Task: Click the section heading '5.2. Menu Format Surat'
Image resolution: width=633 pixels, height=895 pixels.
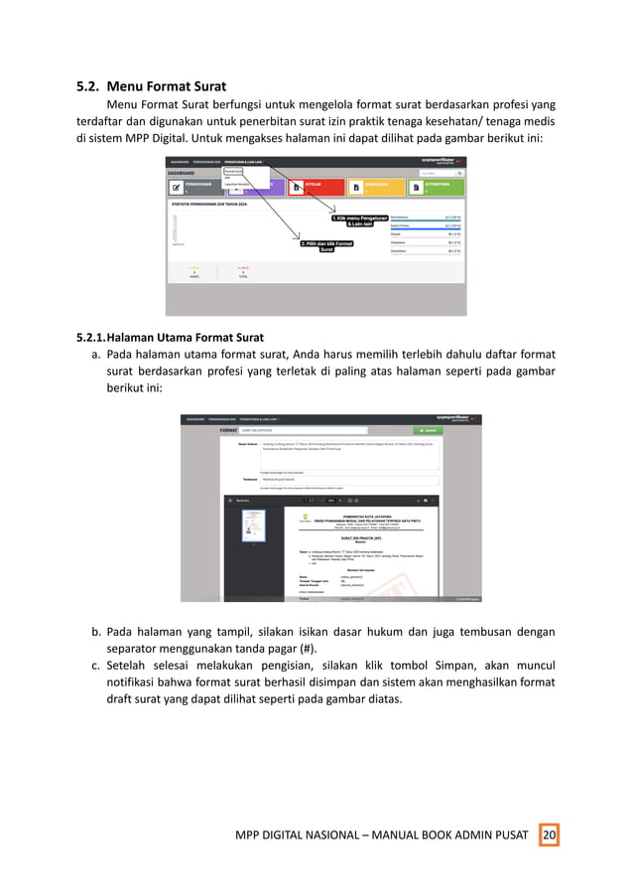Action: [x=152, y=85]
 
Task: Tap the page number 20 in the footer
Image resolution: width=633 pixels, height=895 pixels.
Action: [x=549, y=836]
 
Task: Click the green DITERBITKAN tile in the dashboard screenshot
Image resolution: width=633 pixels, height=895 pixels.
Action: [x=439, y=186]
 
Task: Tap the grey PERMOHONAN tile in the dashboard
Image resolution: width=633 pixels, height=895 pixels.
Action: [x=194, y=186]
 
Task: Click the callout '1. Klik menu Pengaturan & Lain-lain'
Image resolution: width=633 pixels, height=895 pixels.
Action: [x=360, y=221]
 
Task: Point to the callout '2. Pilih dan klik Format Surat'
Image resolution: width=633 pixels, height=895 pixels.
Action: [x=326, y=246]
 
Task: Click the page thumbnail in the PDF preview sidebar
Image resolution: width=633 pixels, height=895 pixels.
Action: [x=255, y=526]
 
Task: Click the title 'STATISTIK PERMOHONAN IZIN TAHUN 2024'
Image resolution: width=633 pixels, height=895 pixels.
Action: [x=212, y=204]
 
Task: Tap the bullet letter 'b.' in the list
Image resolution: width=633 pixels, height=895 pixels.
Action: [x=98, y=631]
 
